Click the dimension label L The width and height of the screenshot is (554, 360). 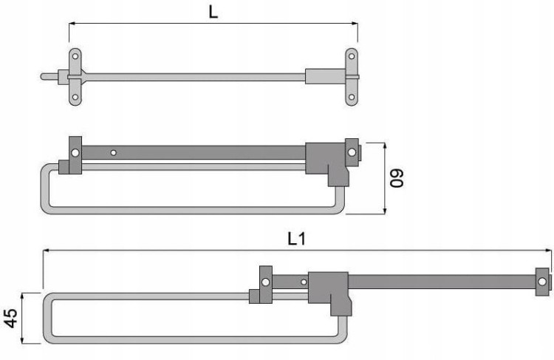pos(213,13)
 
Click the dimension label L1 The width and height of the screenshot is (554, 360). pos(296,239)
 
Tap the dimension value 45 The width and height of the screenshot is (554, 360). pos(10,318)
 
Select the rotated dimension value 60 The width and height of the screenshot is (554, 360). pos(397,179)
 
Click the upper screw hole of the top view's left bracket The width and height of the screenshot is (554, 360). pos(75,56)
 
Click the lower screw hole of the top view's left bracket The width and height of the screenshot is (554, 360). pos(75,97)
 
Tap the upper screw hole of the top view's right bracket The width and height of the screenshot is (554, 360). pos(352,56)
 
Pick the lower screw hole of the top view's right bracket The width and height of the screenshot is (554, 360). pos(352,97)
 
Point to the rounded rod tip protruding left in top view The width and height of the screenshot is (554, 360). pos(43,76)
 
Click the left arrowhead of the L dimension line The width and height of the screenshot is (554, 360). pos(72,24)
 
